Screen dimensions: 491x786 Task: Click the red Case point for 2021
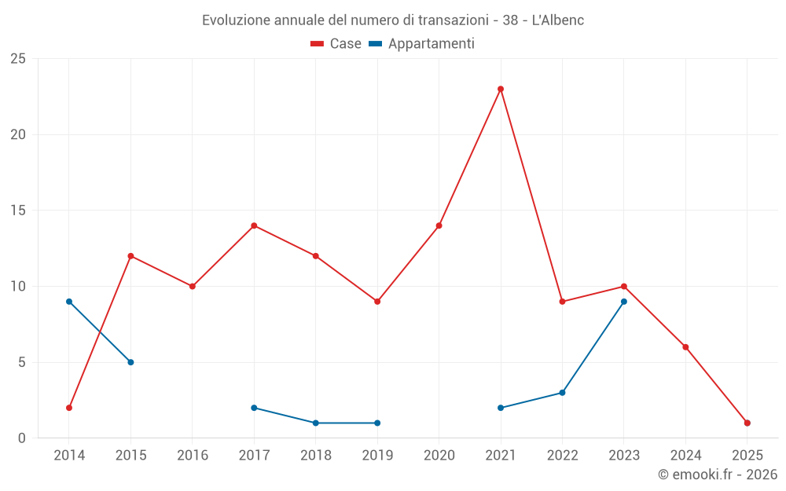(x=501, y=89)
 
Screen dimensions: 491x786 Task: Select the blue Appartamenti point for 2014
(x=69, y=302)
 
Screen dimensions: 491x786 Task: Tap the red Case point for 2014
(x=69, y=408)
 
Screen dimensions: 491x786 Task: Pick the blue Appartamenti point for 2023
(x=624, y=302)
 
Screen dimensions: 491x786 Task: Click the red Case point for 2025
(x=747, y=423)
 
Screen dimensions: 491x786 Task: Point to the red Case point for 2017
(x=254, y=225)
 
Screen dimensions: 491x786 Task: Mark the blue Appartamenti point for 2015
(x=130, y=362)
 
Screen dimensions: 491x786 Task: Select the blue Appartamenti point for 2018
(x=316, y=423)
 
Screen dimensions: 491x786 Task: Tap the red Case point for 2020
(x=439, y=225)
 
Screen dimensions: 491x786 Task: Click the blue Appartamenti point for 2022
(x=562, y=393)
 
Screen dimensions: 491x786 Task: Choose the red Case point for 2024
(x=685, y=347)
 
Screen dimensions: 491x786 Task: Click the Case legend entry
(x=336, y=44)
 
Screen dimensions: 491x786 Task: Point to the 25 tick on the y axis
(x=18, y=59)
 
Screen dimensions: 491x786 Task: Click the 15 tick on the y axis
(x=18, y=211)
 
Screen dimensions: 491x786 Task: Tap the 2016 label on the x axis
(x=193, y=456)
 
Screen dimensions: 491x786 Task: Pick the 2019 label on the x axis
(x=377, y=456)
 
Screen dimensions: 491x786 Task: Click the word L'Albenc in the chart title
(x=558, y=20)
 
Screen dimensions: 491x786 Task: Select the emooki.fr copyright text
(x=718, y=475)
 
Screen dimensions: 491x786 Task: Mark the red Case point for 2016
(x=193, y=286)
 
